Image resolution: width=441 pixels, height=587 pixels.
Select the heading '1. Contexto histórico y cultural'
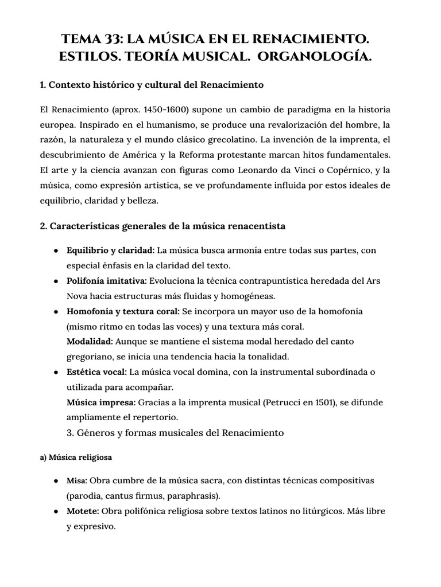(152, 85)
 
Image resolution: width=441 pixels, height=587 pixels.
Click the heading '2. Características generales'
(163, 226)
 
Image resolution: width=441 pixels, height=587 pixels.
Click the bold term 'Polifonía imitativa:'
(107, 281)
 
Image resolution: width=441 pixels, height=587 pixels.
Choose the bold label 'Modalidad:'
(90, 341)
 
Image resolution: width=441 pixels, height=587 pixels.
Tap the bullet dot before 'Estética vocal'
(55, 372)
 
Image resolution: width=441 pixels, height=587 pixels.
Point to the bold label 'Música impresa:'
(100, 402)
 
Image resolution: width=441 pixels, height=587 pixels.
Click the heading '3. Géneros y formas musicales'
(175, 432)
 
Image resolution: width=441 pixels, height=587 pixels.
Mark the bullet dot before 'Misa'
(55, 480)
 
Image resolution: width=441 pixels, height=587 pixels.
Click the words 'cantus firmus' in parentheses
(134, 494)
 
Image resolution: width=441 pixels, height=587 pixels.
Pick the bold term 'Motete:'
(84, 510)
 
